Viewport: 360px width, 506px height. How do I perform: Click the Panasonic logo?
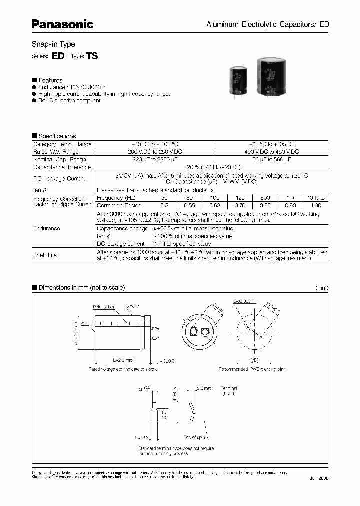(63, 24)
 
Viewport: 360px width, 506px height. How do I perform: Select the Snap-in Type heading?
(53, 44)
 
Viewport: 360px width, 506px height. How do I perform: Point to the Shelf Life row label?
(45, 255)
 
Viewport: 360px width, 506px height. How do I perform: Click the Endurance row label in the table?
(47, 228)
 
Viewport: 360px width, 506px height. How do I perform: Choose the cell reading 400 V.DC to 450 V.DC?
(271, 151)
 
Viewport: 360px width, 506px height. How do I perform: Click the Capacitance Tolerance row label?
(62, 167)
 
